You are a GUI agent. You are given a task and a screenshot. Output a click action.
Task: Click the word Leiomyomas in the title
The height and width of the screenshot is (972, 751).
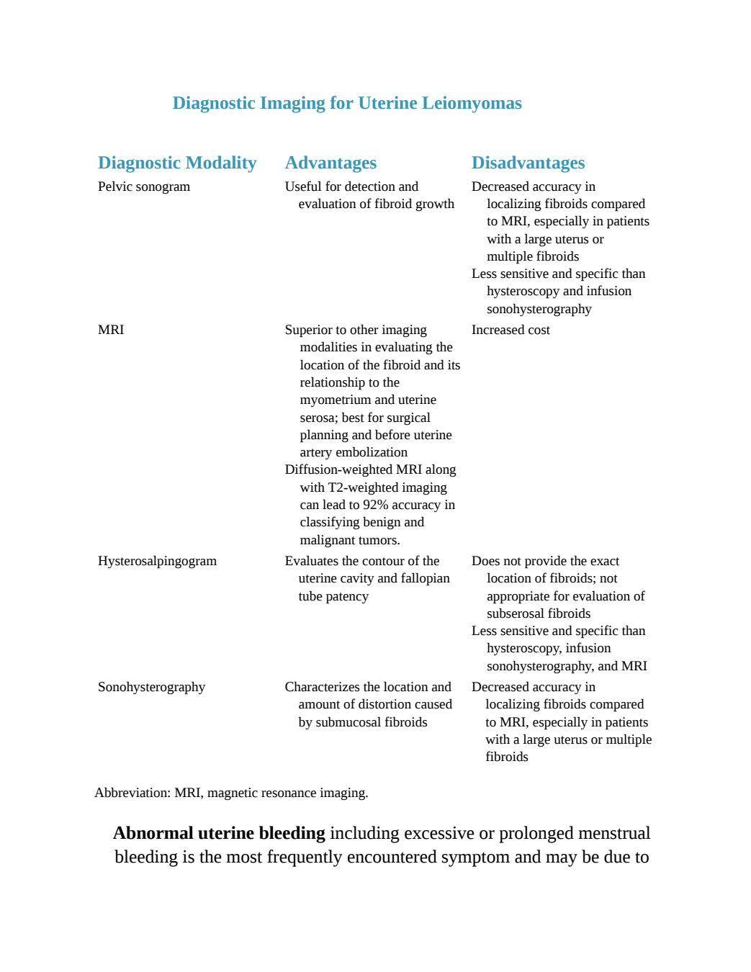pos(472,104)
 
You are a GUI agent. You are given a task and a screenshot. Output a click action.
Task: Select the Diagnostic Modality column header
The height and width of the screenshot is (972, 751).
pos(177,163)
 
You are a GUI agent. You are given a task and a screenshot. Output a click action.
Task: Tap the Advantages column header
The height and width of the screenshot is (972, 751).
pos(330,163)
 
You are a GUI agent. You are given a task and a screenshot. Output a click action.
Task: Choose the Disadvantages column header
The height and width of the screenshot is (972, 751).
pos(528,163)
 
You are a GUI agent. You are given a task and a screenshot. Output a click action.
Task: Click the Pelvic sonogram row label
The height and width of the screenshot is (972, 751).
pos(144,186)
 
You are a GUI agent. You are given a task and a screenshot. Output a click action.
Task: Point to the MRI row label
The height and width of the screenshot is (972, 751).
pos(111,330)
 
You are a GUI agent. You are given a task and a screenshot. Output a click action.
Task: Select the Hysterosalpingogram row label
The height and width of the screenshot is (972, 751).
pos(158,562)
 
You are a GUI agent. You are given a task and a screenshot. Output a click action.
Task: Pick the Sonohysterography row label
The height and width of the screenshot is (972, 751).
pos(152,687)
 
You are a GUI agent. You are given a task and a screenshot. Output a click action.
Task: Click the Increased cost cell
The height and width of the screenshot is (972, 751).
pos(511,330)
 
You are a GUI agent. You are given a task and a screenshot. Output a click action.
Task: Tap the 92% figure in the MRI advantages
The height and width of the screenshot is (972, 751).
pos(376,505)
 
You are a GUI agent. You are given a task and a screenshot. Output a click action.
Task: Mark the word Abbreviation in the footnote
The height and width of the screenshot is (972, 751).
pos(132,793)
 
